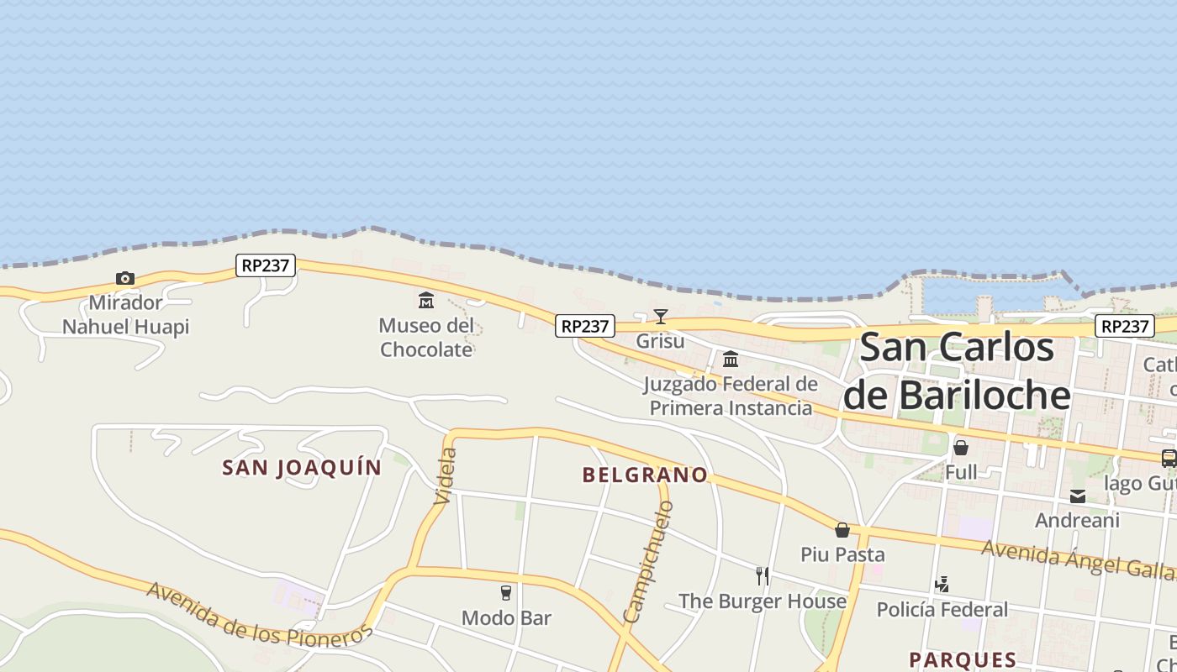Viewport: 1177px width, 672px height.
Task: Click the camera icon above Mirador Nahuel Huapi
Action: pos(125,278)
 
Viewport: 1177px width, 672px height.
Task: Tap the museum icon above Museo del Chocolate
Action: pos(426,300)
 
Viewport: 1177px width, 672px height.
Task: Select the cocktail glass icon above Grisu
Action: pos(661,317)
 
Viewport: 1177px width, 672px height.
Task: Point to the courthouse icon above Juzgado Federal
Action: pos(731,360)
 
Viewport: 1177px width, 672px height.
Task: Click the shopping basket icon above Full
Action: pos(961,448)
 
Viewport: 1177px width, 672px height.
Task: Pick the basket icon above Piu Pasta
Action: pos(842,530)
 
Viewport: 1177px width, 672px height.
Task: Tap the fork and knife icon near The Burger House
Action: pos(763,576)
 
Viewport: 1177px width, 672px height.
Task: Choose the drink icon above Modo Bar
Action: pos(506,593)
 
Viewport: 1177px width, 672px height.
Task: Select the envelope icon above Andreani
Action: pos(1078,496)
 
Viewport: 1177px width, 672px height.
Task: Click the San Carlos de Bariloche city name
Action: pos(958,371)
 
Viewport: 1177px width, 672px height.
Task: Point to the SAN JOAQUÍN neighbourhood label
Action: pos(302,468)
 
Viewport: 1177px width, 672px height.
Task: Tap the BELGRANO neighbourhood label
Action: pos(645,475)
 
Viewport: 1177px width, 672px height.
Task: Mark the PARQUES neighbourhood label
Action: pos(963,659)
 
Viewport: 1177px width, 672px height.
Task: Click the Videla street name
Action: pos(446,476)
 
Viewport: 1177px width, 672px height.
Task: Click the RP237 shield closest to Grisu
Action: pos(585,326)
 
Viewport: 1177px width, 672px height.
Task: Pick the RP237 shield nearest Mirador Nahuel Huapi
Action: pos(266,265)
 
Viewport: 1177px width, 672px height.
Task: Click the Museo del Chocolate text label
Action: pos(426,338)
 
